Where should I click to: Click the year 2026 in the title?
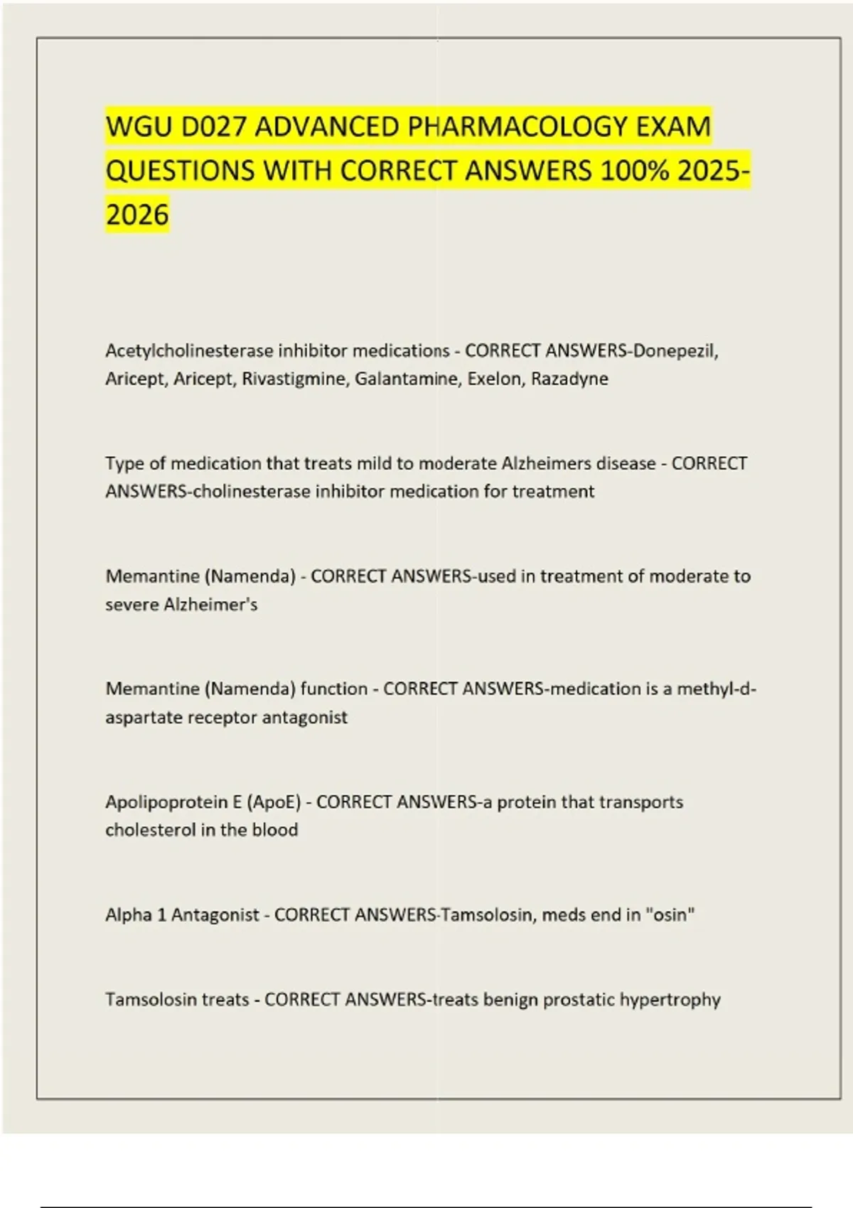pyautogui.click(x=138, y=215)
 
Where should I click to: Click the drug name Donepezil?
pyautogui.click(x=675, y=351)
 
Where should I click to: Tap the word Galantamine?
pyautogui.click(x=407, y=379)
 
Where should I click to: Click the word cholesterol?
pyautogui.click(x=151, y=830)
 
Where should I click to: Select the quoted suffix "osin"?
pyautogui.click(x=670, y=915)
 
